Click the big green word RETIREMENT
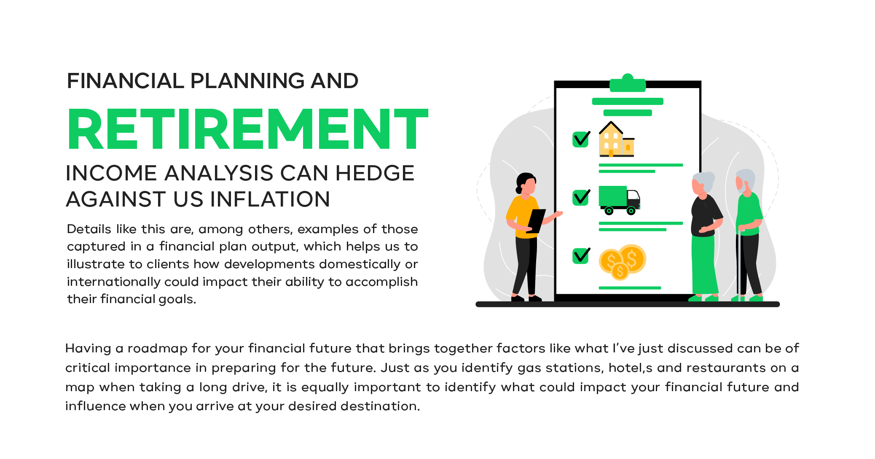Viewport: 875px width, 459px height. coord(248,129)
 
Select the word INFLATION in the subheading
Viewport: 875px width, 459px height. coord(252,199)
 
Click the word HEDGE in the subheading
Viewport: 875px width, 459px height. coord(375,173)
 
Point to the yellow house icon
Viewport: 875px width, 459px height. coord(617,139)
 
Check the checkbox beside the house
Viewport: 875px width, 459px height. coord(581,139)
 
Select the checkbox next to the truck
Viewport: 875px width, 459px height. coord(581,197)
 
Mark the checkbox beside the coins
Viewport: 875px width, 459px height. coord(581,255)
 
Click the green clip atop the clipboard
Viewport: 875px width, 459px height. coord(628,83)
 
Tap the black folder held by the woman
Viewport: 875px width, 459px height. coord(536,221)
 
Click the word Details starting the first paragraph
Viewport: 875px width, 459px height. coord(89,229)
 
